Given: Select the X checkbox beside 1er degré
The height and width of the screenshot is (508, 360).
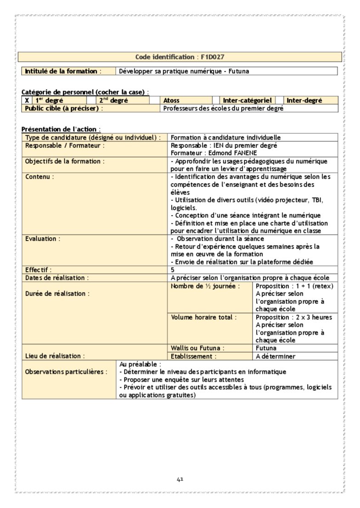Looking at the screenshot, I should [27, 100].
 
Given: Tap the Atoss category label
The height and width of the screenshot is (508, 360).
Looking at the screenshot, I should [171, 100].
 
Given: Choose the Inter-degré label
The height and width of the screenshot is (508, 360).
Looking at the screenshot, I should [304, 100].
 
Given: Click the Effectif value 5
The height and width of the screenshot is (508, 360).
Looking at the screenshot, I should [173, 270].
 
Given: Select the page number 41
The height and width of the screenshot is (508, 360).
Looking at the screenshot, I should [180, 480].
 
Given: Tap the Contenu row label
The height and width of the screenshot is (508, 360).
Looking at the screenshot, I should [39, 177].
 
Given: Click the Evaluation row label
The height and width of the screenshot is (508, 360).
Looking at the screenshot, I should [43, 239].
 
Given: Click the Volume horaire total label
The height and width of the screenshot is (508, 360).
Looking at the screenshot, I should [204, 317].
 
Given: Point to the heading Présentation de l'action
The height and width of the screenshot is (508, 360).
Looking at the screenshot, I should [61, 129].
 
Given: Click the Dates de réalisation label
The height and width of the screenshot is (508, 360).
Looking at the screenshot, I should [57, 278].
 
